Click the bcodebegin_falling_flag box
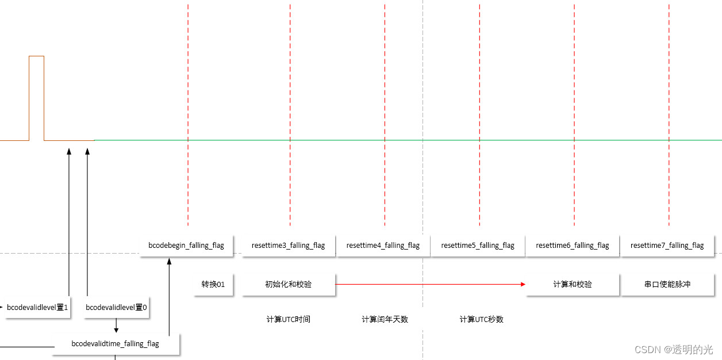[x=186, y=245]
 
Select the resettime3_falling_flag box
[x=288, y=245]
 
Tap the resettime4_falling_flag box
[x=383, y=245]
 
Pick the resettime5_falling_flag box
[x=478, y=245]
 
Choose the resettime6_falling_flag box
[x=573, y=245]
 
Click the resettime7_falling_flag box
[x=667, y=245]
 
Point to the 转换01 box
[x=213, y=284]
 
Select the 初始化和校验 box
[x=288, y=284]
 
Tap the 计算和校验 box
[x=573, y=284]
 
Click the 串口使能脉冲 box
[x=667, y=284]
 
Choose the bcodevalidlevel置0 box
[x=116, y=308]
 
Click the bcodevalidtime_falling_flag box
[x=116, y=344]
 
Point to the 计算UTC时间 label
[x=288, y=319]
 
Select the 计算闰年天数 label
[x=385, y=319]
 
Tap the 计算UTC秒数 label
[x=481, y=319]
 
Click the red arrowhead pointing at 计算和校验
[x=523, y=284]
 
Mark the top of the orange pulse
[x=36, y=56]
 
